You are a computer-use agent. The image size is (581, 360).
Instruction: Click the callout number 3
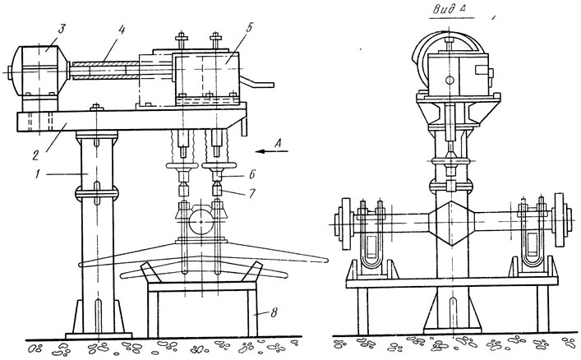click(61, 30)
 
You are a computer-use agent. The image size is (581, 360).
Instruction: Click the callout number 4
click(120, 30)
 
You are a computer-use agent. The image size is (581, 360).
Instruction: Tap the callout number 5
click(248, 28)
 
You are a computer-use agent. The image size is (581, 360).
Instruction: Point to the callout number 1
click(38, 174)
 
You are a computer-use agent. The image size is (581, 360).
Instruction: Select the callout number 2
click(35, 155)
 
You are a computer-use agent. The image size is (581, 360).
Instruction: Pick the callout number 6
click(252, 174)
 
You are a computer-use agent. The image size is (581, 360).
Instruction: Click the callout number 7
click(252, 193)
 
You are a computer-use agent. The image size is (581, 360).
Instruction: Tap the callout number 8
click(274, 312)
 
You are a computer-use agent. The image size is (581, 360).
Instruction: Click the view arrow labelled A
click(272, 151)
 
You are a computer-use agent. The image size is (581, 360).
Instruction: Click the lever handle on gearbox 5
click(256, 83)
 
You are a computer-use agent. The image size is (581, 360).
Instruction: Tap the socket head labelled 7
click(217, 192)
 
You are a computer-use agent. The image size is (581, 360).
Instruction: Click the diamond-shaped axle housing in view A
click(451, 224)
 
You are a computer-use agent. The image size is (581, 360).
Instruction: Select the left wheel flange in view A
click(345, 224)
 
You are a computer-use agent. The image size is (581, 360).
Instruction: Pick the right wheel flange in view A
click(560, 219)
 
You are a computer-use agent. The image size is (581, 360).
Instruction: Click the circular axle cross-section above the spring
click(201, 222)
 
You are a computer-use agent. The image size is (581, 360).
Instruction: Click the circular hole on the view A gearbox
click(450, 80)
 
